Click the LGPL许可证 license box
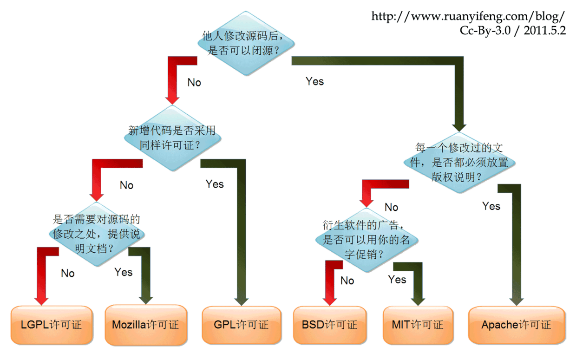click(52, 325)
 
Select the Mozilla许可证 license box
click(146, 325)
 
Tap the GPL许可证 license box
click(242, 325)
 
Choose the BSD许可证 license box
click(330, 325)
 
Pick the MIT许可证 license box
click(419, 325)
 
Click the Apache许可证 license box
click(517, 325)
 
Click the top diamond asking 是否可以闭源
click(246, 44)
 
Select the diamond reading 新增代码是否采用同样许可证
click(172, 138)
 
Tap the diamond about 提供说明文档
click(97, 234)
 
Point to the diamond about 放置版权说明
click(459, 163)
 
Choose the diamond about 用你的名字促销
click(367, 240)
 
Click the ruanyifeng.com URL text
click(468, 16)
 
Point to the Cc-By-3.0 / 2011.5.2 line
click(512, 30)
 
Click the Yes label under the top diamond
click(315, 81)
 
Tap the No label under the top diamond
click(194, 83)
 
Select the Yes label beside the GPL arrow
click(215, 184)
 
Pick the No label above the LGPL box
click(68, 273)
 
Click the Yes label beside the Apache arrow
click(491, 206)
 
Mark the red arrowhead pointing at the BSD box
click(330, 302)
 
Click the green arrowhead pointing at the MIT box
click(418, 302)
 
